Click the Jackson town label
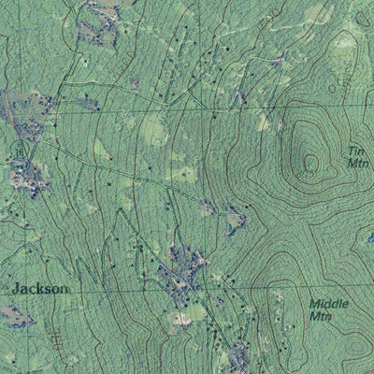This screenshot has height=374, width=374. (41, 290)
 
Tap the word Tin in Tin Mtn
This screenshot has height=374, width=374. (354, 151)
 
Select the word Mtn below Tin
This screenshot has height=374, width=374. (357, 163)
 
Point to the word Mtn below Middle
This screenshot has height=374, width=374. (323, 317)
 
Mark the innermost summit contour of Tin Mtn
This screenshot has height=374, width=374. (309, 165)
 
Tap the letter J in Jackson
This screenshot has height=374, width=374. (16, 290)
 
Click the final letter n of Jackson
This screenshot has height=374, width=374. (65, 290)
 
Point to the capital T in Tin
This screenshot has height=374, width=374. (350, 151)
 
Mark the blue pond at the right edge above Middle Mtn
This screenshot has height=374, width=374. (370, 241)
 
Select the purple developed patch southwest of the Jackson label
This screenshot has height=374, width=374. (19, 316)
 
